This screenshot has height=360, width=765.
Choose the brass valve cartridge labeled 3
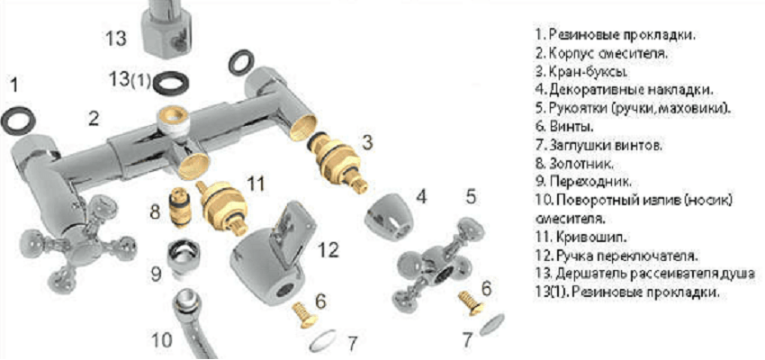click(337, 162)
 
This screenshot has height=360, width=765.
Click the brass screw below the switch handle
click(305, 315)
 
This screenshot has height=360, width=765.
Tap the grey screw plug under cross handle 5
click(491, 324)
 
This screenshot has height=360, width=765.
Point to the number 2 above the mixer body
click(94, 119)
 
